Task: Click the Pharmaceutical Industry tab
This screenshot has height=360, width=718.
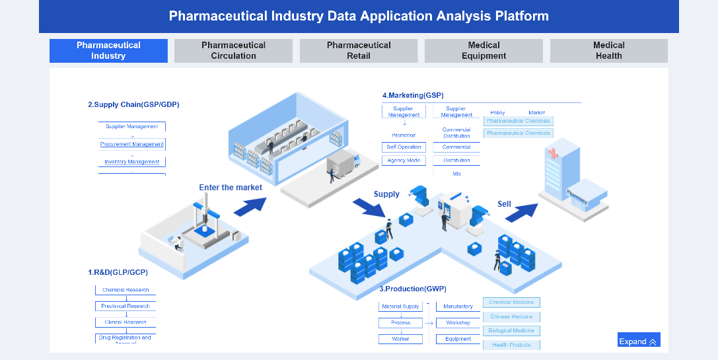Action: click(108, 51)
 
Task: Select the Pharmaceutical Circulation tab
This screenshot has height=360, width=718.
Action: click(233, 51)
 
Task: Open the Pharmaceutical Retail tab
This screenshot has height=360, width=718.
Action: click(359, 51)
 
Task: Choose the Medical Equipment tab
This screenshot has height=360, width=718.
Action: click(484, 51)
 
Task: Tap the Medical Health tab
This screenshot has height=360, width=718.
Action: click(608, 51)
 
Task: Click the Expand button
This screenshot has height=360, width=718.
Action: click(638, 341)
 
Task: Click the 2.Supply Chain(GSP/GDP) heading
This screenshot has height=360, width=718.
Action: click(133, 104)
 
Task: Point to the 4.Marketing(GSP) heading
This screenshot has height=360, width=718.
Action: click(413, 95)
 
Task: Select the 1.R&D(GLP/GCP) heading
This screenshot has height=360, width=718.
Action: click(118, 272)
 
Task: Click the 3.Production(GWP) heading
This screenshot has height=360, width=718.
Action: click(413, 289)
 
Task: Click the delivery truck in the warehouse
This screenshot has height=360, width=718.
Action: click(343, 165)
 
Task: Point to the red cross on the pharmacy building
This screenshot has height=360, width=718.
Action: click(552, 153)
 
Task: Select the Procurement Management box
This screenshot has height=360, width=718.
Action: click(132, 144)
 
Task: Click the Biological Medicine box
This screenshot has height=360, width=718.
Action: click(511, 330)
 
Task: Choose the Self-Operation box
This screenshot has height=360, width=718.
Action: click(404, 147)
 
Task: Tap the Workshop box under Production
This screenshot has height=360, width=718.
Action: click(458, 323)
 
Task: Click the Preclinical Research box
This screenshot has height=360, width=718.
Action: click(126, 306)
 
